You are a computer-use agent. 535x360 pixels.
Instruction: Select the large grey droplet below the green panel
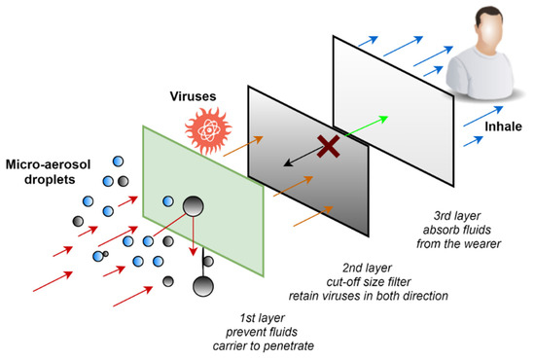pos(205,287)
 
